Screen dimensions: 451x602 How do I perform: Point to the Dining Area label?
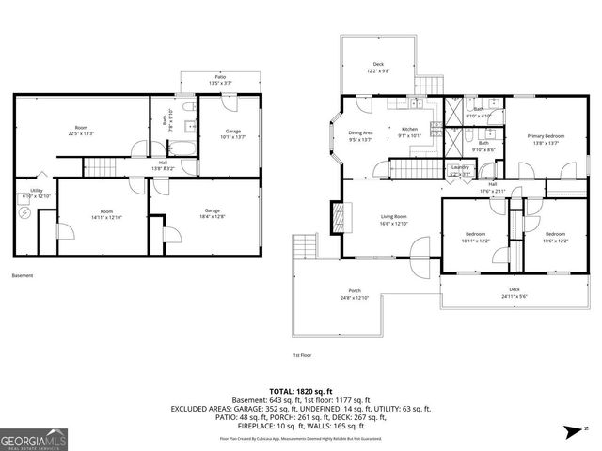pos(361,136)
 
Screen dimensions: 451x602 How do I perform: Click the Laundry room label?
pos(460,170)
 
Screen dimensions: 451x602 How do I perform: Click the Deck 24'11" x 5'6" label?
pos(515,293)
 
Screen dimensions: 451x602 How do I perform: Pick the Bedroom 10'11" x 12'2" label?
pos(475,237)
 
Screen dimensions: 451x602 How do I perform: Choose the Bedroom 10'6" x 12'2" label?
pos(555,237)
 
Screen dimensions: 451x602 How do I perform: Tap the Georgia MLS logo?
pos(31,438)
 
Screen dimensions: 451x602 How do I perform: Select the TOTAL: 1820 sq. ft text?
pos(300,391)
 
